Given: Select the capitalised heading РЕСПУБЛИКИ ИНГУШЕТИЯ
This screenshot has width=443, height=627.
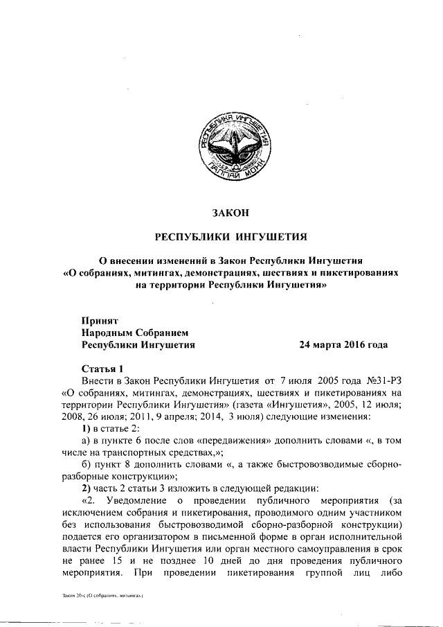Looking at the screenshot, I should pos(230,236).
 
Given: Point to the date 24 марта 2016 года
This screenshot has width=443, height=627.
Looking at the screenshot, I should pos(343,344).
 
